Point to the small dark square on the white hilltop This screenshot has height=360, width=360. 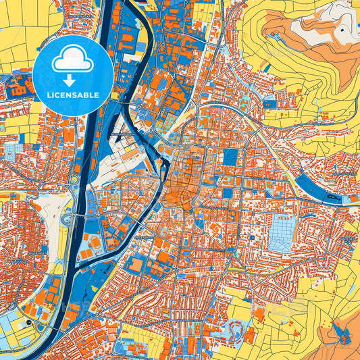342,30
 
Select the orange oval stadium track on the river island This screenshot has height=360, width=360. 95,241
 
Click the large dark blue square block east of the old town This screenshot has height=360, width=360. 231,157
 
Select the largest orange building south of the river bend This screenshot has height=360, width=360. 136,265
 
